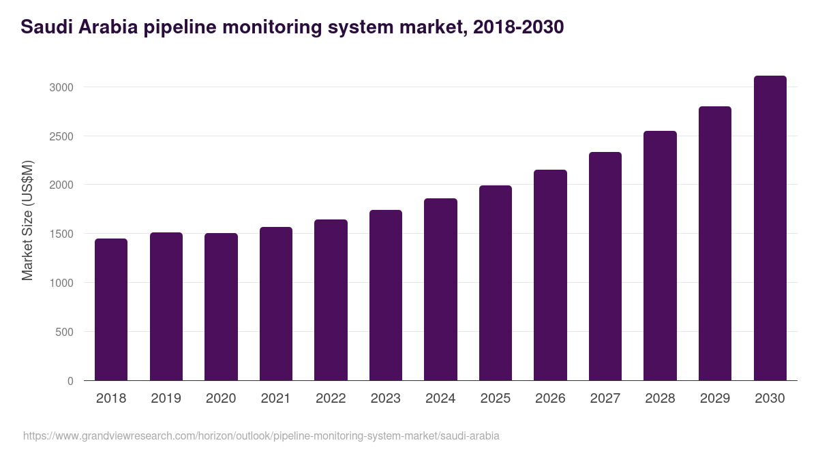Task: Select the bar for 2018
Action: tap(111, 309)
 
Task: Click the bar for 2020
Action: tap(221, 307)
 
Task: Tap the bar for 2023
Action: tap(386, 295)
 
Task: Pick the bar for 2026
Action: tap(550, 275)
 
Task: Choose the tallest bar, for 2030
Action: tap(770, 228)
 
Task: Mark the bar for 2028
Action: tap(660, 256)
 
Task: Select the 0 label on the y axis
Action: tap(70, 381)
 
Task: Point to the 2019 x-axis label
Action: tap(166, 399)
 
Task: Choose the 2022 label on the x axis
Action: tap(331, 399)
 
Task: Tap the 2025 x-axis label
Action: tap(495, 399)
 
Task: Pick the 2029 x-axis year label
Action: tap(714, 399)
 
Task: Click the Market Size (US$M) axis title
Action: tap(27, 220)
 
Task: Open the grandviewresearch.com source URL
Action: tap(261, 435)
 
